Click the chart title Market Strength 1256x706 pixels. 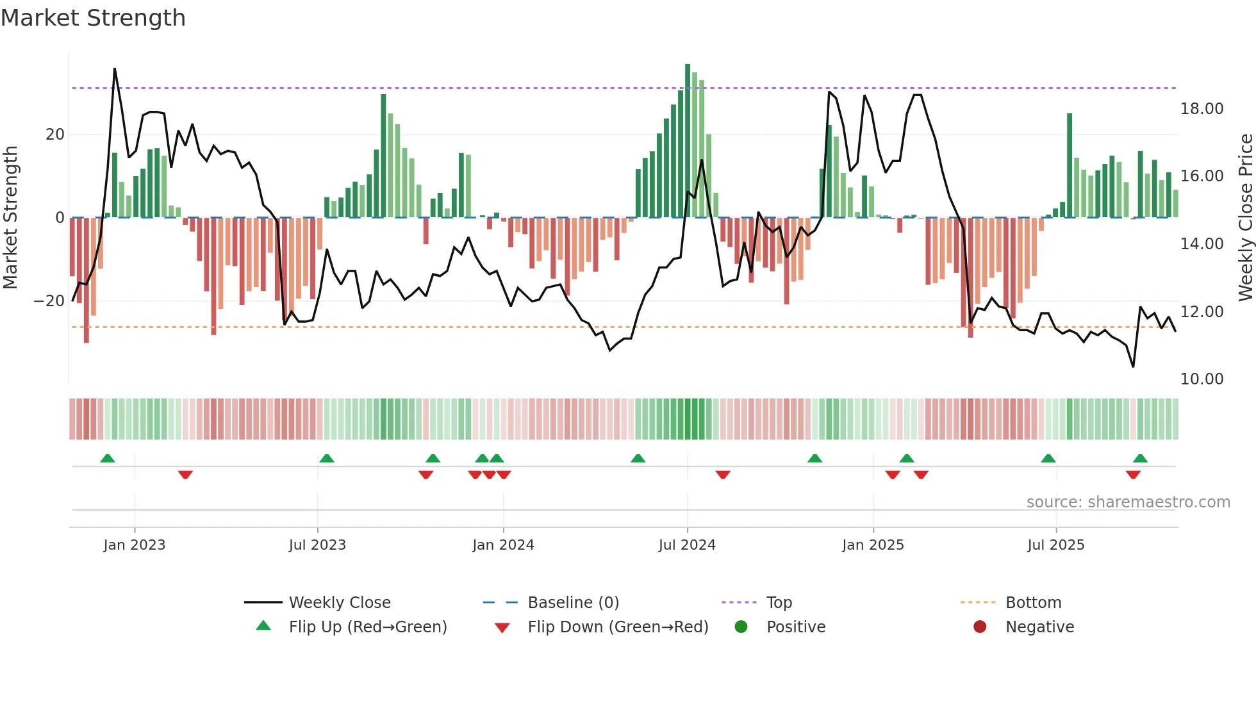pyautogui.click(x=93, y=18)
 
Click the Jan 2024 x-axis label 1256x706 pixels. pyautogui.click(x=503, y=545)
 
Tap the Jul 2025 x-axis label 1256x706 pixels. pyautogui.click(x=1055, y=545)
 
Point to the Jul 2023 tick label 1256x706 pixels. pyautogui.click(x=317, y=545)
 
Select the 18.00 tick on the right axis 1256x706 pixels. pyautogui.click(x=1202, y=109)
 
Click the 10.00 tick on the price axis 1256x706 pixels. pyautogui.click(x=1202, y=379)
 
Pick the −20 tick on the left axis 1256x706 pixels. pyautogui.click(x=49, y=301)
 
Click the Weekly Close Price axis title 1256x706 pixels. pyautogui.click(x=1245, y=217)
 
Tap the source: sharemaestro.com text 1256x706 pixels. pyautogui.click(x=1128, y=502)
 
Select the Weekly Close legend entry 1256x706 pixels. pyautogui.click(x=339, y=603)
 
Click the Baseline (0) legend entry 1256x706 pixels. pyautogui.click(x=573, y=603)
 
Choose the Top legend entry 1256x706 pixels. pyautogui.click(x=779, y=603)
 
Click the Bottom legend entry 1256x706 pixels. pyautogui.click(x=1033, y=603)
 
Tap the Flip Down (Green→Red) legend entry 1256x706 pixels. pyautogui.click(x=618, y=627)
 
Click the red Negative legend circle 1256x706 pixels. pyautogui.click(x=980, y=627)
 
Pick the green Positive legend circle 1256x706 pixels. pyautogui.click(x=741, y=627)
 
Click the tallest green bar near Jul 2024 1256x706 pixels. pyautogui.click(x=688, y=141)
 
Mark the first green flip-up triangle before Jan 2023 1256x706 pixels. pyautogui.click(x=108, y=459)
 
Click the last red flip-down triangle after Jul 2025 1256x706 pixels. pyautogui.click(x=1133, y=475)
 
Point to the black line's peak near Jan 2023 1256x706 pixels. pyautogui.click(x=115, y=69)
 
